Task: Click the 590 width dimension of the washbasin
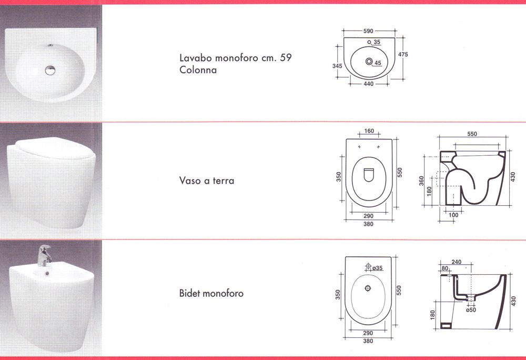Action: pyautogui.click(x=368, y=31)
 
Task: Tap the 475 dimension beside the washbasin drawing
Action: pyautogui.click(x=403, y=54)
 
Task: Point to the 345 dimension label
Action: pyautogui.click(x=337, y=66)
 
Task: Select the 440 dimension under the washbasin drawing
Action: pyautogui.click(x=368, y=84)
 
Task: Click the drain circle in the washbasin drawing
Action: pyautogui.click(x=369, y=62)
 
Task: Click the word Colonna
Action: pyautogui.click(x=198, y=70)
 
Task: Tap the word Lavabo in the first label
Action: pyautogui.click(x=196, y=58)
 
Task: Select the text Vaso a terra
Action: pyautogui.click(x=207, y=181)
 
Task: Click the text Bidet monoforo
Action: pyautogui.click(x=211, y=293)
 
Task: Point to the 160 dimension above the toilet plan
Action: pyautogui.click(x=369, y=131)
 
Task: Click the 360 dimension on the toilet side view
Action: pyautogui.click(x=421, y=181)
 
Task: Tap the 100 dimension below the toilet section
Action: pyautogui.click(x=453, y=215)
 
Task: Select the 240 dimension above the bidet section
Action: pyautogui.click(x=457, y=262)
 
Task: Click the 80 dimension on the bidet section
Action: pyautogui.click(x=445, y=268)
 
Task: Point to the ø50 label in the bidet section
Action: pyautogui.click(x=471, y=310)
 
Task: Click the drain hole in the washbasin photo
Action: pyautogui.click(x=50, y=70)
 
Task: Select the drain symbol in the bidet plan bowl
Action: pyautogui.click(x=368, y=288)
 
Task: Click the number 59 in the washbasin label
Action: pyautogui.click(x=286, y=57)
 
